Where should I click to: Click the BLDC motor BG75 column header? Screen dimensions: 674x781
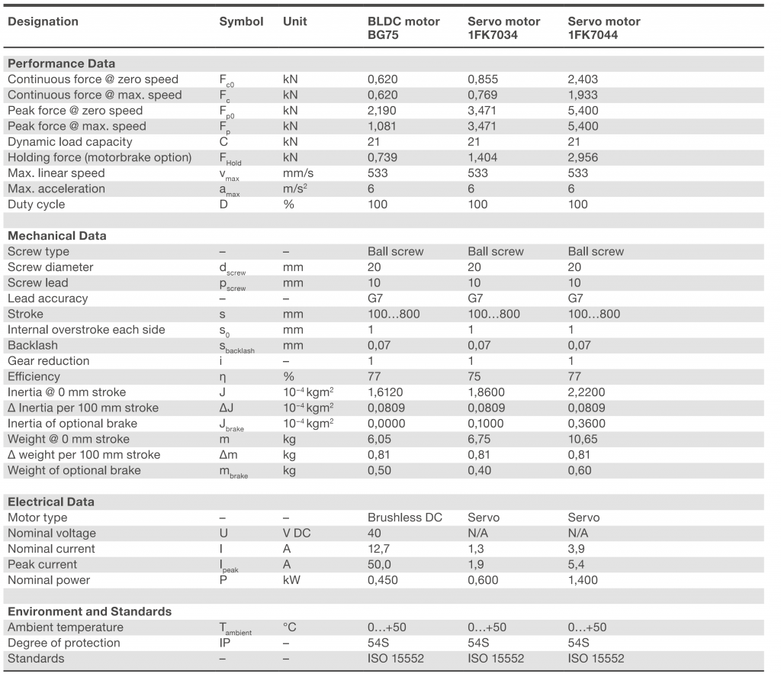point(403,28)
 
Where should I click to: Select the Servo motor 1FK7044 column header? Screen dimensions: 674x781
point(604,28)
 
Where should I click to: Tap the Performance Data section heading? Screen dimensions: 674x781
point(61,63)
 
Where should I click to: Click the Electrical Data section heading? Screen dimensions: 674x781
point(51,501)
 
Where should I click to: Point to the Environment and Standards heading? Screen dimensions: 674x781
point(89,611)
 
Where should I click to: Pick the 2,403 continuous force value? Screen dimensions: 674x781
point(583,79)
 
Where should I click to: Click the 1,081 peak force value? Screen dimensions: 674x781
point(382,126)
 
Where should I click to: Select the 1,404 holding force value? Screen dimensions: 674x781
point(483,157)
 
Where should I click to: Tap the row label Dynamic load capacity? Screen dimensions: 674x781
point(69,142)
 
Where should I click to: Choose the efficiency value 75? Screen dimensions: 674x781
point(474,376)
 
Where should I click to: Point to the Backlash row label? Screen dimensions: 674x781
point(32,345)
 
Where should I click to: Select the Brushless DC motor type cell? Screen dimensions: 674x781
point(404,518)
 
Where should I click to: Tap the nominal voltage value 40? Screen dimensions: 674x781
point(374,533)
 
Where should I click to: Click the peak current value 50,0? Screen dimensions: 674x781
point(380,564)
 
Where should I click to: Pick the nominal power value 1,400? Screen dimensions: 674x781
point(583,580)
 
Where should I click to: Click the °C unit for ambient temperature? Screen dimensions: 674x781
point(289,627)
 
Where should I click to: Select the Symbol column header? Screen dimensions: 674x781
point(241,21)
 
